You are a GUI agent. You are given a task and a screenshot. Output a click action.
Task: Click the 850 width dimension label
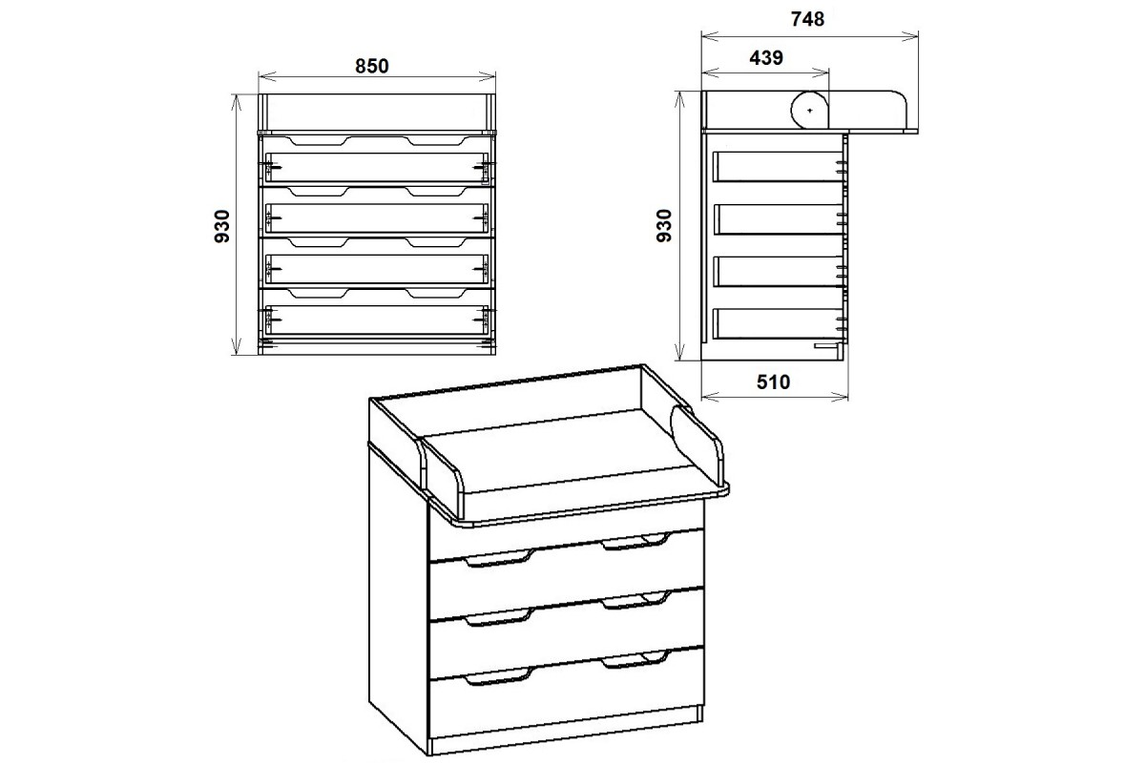[x=371, y=67]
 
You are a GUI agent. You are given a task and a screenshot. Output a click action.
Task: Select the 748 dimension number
[x=807, y=19]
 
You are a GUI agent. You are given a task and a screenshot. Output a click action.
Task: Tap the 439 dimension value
[x=766, y=58]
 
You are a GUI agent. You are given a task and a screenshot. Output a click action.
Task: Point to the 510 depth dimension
[x=774, y=382]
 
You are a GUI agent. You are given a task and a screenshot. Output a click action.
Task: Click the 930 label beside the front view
[x=221, y=226]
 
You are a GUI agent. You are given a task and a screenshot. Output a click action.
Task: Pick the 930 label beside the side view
[x=664, y=225]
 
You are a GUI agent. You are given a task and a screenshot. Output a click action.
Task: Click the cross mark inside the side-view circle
[x=810, y=111]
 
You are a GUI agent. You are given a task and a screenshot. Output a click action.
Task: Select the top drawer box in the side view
[x=778, y=166]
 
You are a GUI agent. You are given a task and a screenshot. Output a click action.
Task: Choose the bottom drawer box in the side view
[x=778, y=323]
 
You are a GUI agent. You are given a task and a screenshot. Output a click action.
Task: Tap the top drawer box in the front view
[x=377, y=167]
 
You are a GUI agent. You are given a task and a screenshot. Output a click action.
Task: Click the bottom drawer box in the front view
[x=377, y=320]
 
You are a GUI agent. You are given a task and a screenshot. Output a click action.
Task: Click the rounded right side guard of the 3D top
[x=697, y=445]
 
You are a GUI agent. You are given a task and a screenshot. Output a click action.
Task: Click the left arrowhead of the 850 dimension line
[x=267, y=77]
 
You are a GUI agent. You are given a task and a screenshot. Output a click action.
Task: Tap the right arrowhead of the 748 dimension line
[x=909, y=36]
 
